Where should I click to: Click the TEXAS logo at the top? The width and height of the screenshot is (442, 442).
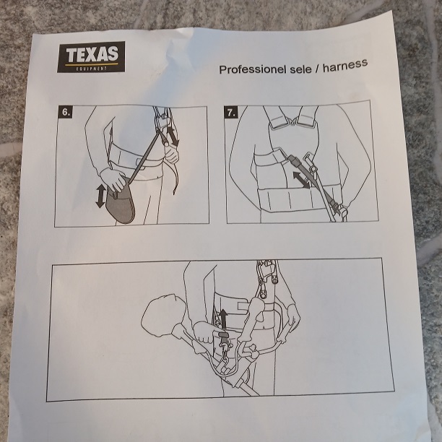pyautogui.click(x=91, y=56)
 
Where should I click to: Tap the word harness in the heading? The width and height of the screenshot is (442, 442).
pyautogui.click(x=344, y=64)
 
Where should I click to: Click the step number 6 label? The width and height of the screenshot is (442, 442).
pyautogui.click(x=66, y=113)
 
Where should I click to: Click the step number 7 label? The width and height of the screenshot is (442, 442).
pyautogui.click(x=231, y=112)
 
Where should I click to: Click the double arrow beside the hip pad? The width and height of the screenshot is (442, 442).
pyautogui.click(x=100, y=196)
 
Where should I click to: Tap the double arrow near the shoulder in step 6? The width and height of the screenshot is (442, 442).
pyautogui.click(x=173, y=135)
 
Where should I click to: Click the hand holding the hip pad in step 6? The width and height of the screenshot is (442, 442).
pyautogui.click(x=113, y=179)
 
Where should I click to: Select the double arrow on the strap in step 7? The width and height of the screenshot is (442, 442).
pyautogui.click(x=301, y=179)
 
